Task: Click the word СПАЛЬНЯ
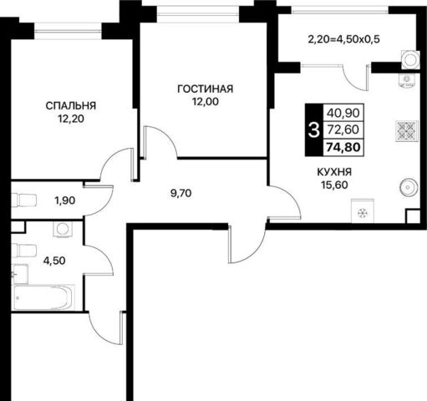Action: click(71, 106)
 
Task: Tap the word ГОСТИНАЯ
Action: click(206, 89)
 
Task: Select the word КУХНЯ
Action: click(334, 172)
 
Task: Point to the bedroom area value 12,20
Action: click(71, 119)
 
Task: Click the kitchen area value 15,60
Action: click(334, 185)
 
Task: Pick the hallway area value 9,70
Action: click(180, 193)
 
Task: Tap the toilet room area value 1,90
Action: click(65, 200)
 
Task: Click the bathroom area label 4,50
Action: click(54, 261)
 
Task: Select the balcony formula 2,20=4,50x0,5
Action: click(344, 39)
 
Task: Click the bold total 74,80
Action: click(343, 147)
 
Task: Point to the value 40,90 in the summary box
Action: click(343, 113)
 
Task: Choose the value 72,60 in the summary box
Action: click(343, 129)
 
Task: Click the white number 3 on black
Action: click(314, 130)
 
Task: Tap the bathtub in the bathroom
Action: click(43, 297)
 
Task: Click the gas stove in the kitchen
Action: click(407, 131)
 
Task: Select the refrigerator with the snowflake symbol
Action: click(363, 211)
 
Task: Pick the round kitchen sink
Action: click(409, 187)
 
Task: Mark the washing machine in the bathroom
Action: click(63, 229)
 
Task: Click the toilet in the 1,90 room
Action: click(23, 200)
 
